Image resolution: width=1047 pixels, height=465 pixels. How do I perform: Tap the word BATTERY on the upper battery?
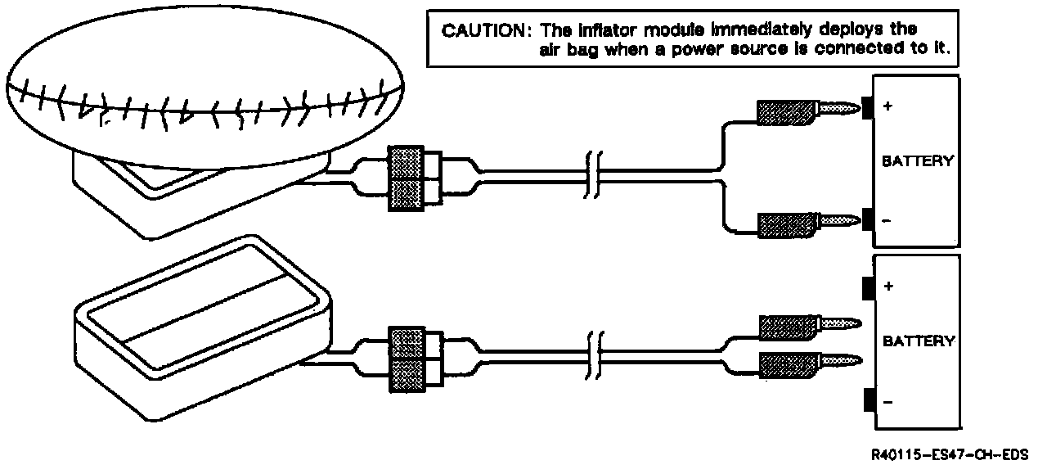coord(917,161)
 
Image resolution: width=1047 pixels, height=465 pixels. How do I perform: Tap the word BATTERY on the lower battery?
coord(917,341)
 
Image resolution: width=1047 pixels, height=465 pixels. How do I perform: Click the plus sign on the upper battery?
coord(887,106)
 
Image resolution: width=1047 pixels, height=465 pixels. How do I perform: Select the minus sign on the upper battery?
coord(887,220)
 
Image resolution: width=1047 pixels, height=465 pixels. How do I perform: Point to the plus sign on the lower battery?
coord(888,287)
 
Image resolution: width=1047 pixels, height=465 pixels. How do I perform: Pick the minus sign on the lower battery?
coord(887,401)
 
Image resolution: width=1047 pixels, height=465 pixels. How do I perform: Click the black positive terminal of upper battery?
coord(868,106)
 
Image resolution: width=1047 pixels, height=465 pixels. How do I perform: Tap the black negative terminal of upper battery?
coord(868,219)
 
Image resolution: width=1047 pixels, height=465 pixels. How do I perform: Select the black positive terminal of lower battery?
coord(868,287)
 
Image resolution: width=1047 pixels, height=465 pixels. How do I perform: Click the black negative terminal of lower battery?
coord(868,401)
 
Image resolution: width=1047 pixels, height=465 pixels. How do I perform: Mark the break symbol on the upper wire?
coord(593,174)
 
